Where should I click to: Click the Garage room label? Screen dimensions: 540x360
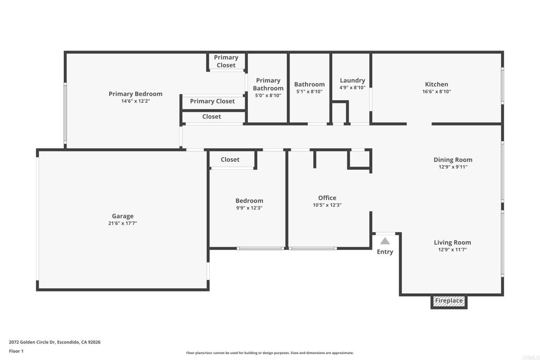click(x=122, y=216)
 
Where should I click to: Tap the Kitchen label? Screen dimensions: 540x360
click(x=436, y=84)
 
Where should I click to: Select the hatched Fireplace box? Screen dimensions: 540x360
click(x=449, y=301)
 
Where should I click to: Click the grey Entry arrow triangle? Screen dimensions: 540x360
click(x=384, y=241)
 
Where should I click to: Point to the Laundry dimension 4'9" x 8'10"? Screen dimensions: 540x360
click(x=352, y=88)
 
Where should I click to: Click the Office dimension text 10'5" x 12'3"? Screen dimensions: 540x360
click(x=327, y=205)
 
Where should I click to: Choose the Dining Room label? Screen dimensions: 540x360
click(x=453, y=160)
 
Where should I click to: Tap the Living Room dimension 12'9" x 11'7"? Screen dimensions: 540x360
click(x=452, y=249)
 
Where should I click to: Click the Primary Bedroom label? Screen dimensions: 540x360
click(x=136, y=94)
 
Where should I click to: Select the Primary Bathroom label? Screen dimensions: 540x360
click(x=268, y=84)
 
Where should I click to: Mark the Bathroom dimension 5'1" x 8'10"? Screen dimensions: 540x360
click(x=309, y=92)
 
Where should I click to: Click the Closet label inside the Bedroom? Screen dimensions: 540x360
click(x=230, y=160)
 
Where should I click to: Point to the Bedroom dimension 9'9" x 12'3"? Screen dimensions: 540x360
click(x=249, y=208)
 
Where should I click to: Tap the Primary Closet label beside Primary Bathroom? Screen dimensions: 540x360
click(x=212, y=101)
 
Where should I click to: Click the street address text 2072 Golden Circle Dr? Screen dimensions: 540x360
click(x=32, y=342)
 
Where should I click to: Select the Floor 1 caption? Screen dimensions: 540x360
click(x=16, y=351)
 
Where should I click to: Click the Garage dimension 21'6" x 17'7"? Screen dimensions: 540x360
click(x=122, y=223)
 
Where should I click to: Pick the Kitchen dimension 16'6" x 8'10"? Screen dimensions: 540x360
click(x=437, y=92)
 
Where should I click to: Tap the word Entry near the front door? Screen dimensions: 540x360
click(x=384, y=252)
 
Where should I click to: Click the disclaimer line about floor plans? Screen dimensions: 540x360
click(x=270, y=353)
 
